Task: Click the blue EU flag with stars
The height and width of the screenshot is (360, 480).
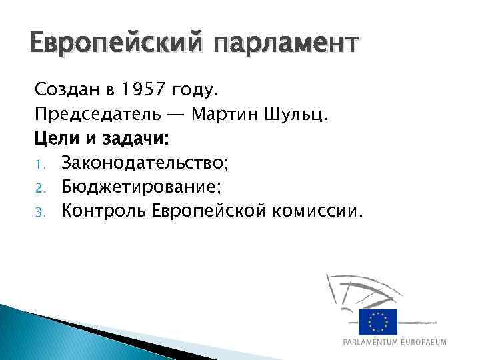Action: pos(377,322)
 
